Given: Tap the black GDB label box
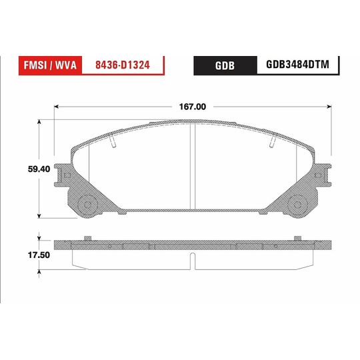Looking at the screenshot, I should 223,65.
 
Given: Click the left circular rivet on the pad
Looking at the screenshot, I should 86,204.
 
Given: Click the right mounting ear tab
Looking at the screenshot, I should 324,175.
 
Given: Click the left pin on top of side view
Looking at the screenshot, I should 88,238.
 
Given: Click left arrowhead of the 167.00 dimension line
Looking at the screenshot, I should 58,106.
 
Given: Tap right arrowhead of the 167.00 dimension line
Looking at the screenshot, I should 329,106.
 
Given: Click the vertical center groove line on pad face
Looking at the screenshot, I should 193,167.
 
